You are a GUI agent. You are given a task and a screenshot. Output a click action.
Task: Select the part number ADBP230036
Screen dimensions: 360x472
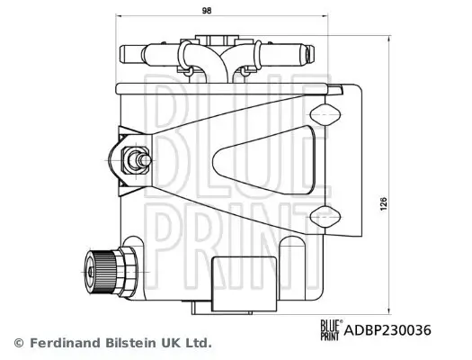[387, 330]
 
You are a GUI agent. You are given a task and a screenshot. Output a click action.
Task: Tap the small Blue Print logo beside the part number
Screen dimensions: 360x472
[329, 330]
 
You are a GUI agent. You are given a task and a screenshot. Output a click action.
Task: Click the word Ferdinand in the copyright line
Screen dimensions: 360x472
[66, 343]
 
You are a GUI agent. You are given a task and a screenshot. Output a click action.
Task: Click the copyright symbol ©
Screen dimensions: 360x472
[18, 343]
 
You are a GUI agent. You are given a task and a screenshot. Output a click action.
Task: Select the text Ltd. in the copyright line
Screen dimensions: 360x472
[197, 343]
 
